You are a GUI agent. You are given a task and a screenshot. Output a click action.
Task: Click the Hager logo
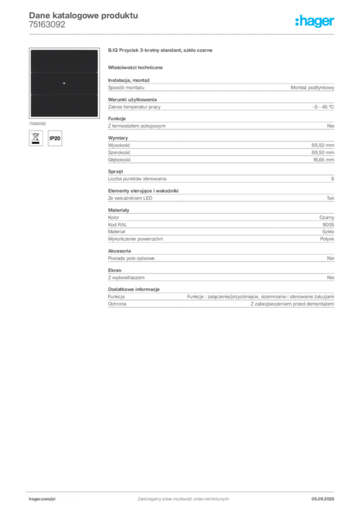pos(314,21)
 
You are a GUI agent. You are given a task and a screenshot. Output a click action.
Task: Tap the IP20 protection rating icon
pos(55,138)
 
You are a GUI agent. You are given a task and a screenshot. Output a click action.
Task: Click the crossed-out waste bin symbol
pos(36,138)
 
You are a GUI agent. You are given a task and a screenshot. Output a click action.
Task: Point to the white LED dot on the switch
pos(64,84)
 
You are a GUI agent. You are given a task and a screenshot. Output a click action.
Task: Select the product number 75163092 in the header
pos(47,25)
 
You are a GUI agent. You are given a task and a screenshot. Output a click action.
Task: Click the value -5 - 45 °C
pos(323,107)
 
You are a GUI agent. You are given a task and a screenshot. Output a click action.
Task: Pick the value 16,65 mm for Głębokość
pos(323,160)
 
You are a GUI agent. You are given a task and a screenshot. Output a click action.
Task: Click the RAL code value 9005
pos(328,225)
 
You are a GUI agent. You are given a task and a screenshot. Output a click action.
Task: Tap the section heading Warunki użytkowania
pos(132,99)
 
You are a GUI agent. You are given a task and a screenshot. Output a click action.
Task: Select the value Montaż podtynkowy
pos(312,87)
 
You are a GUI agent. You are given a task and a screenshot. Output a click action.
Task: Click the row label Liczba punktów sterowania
pos(137,179)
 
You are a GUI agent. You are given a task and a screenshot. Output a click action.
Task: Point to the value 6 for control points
pos(333,179)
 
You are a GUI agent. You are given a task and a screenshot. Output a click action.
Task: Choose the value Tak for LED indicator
pos(330,198)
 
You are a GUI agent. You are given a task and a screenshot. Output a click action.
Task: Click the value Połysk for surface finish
pos(327,239)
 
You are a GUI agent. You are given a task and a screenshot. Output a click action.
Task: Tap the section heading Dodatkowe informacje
pos(134,289)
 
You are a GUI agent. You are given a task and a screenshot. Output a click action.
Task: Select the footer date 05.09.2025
pos(323,499)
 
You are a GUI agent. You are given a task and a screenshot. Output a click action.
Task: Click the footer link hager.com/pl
pos(42,499)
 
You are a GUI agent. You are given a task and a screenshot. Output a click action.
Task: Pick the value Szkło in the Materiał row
pos(328,232)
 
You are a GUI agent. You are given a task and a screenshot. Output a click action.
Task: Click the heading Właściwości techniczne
pos(135,68)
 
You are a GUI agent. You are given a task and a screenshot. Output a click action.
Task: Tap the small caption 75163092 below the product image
pos(37,124)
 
